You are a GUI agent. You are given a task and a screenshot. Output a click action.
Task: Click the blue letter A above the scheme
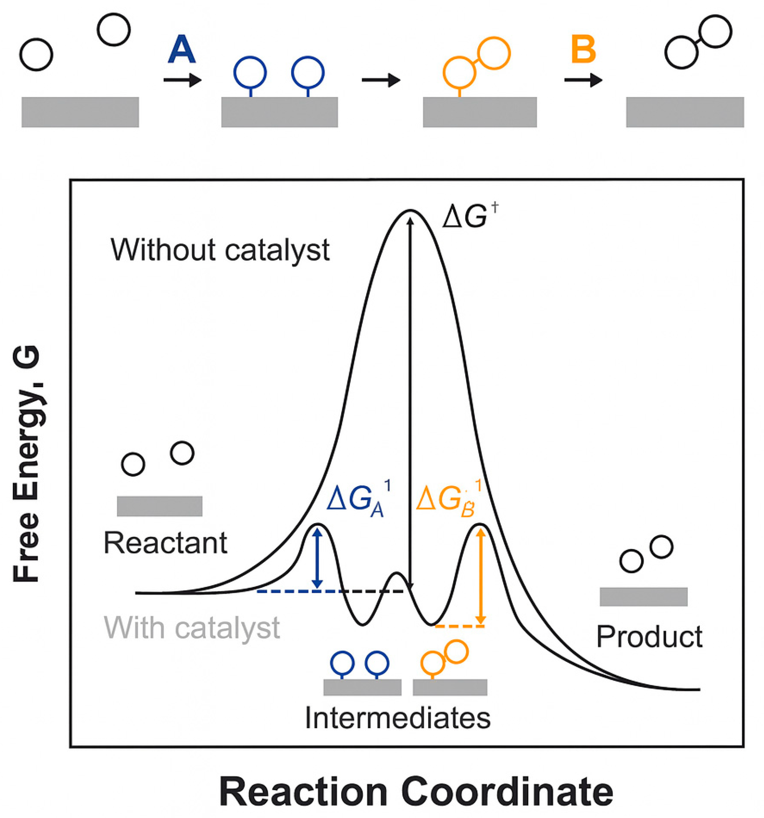(x=182, y=50)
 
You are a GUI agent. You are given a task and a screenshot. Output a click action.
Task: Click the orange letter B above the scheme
(x=583, y=50)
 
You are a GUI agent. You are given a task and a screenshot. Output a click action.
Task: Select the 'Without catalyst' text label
(x=220, y=250)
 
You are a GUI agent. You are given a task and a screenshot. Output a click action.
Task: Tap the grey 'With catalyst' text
(x=192, y=627)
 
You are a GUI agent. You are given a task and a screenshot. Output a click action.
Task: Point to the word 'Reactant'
(x=165, y=543)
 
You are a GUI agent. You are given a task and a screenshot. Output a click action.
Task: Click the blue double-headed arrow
(x=317, y=558)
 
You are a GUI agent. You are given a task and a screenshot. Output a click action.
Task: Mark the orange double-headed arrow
(x=481, y=576)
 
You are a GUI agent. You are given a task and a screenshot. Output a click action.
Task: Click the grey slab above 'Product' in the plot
(x=643, y=597)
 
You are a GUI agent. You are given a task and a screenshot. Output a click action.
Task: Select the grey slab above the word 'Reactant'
(x=160, y=506)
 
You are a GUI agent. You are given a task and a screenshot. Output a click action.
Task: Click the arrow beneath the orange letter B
(x=583, y=80)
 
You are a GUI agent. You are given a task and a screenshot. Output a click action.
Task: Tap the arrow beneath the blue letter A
(x=182, y=80)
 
